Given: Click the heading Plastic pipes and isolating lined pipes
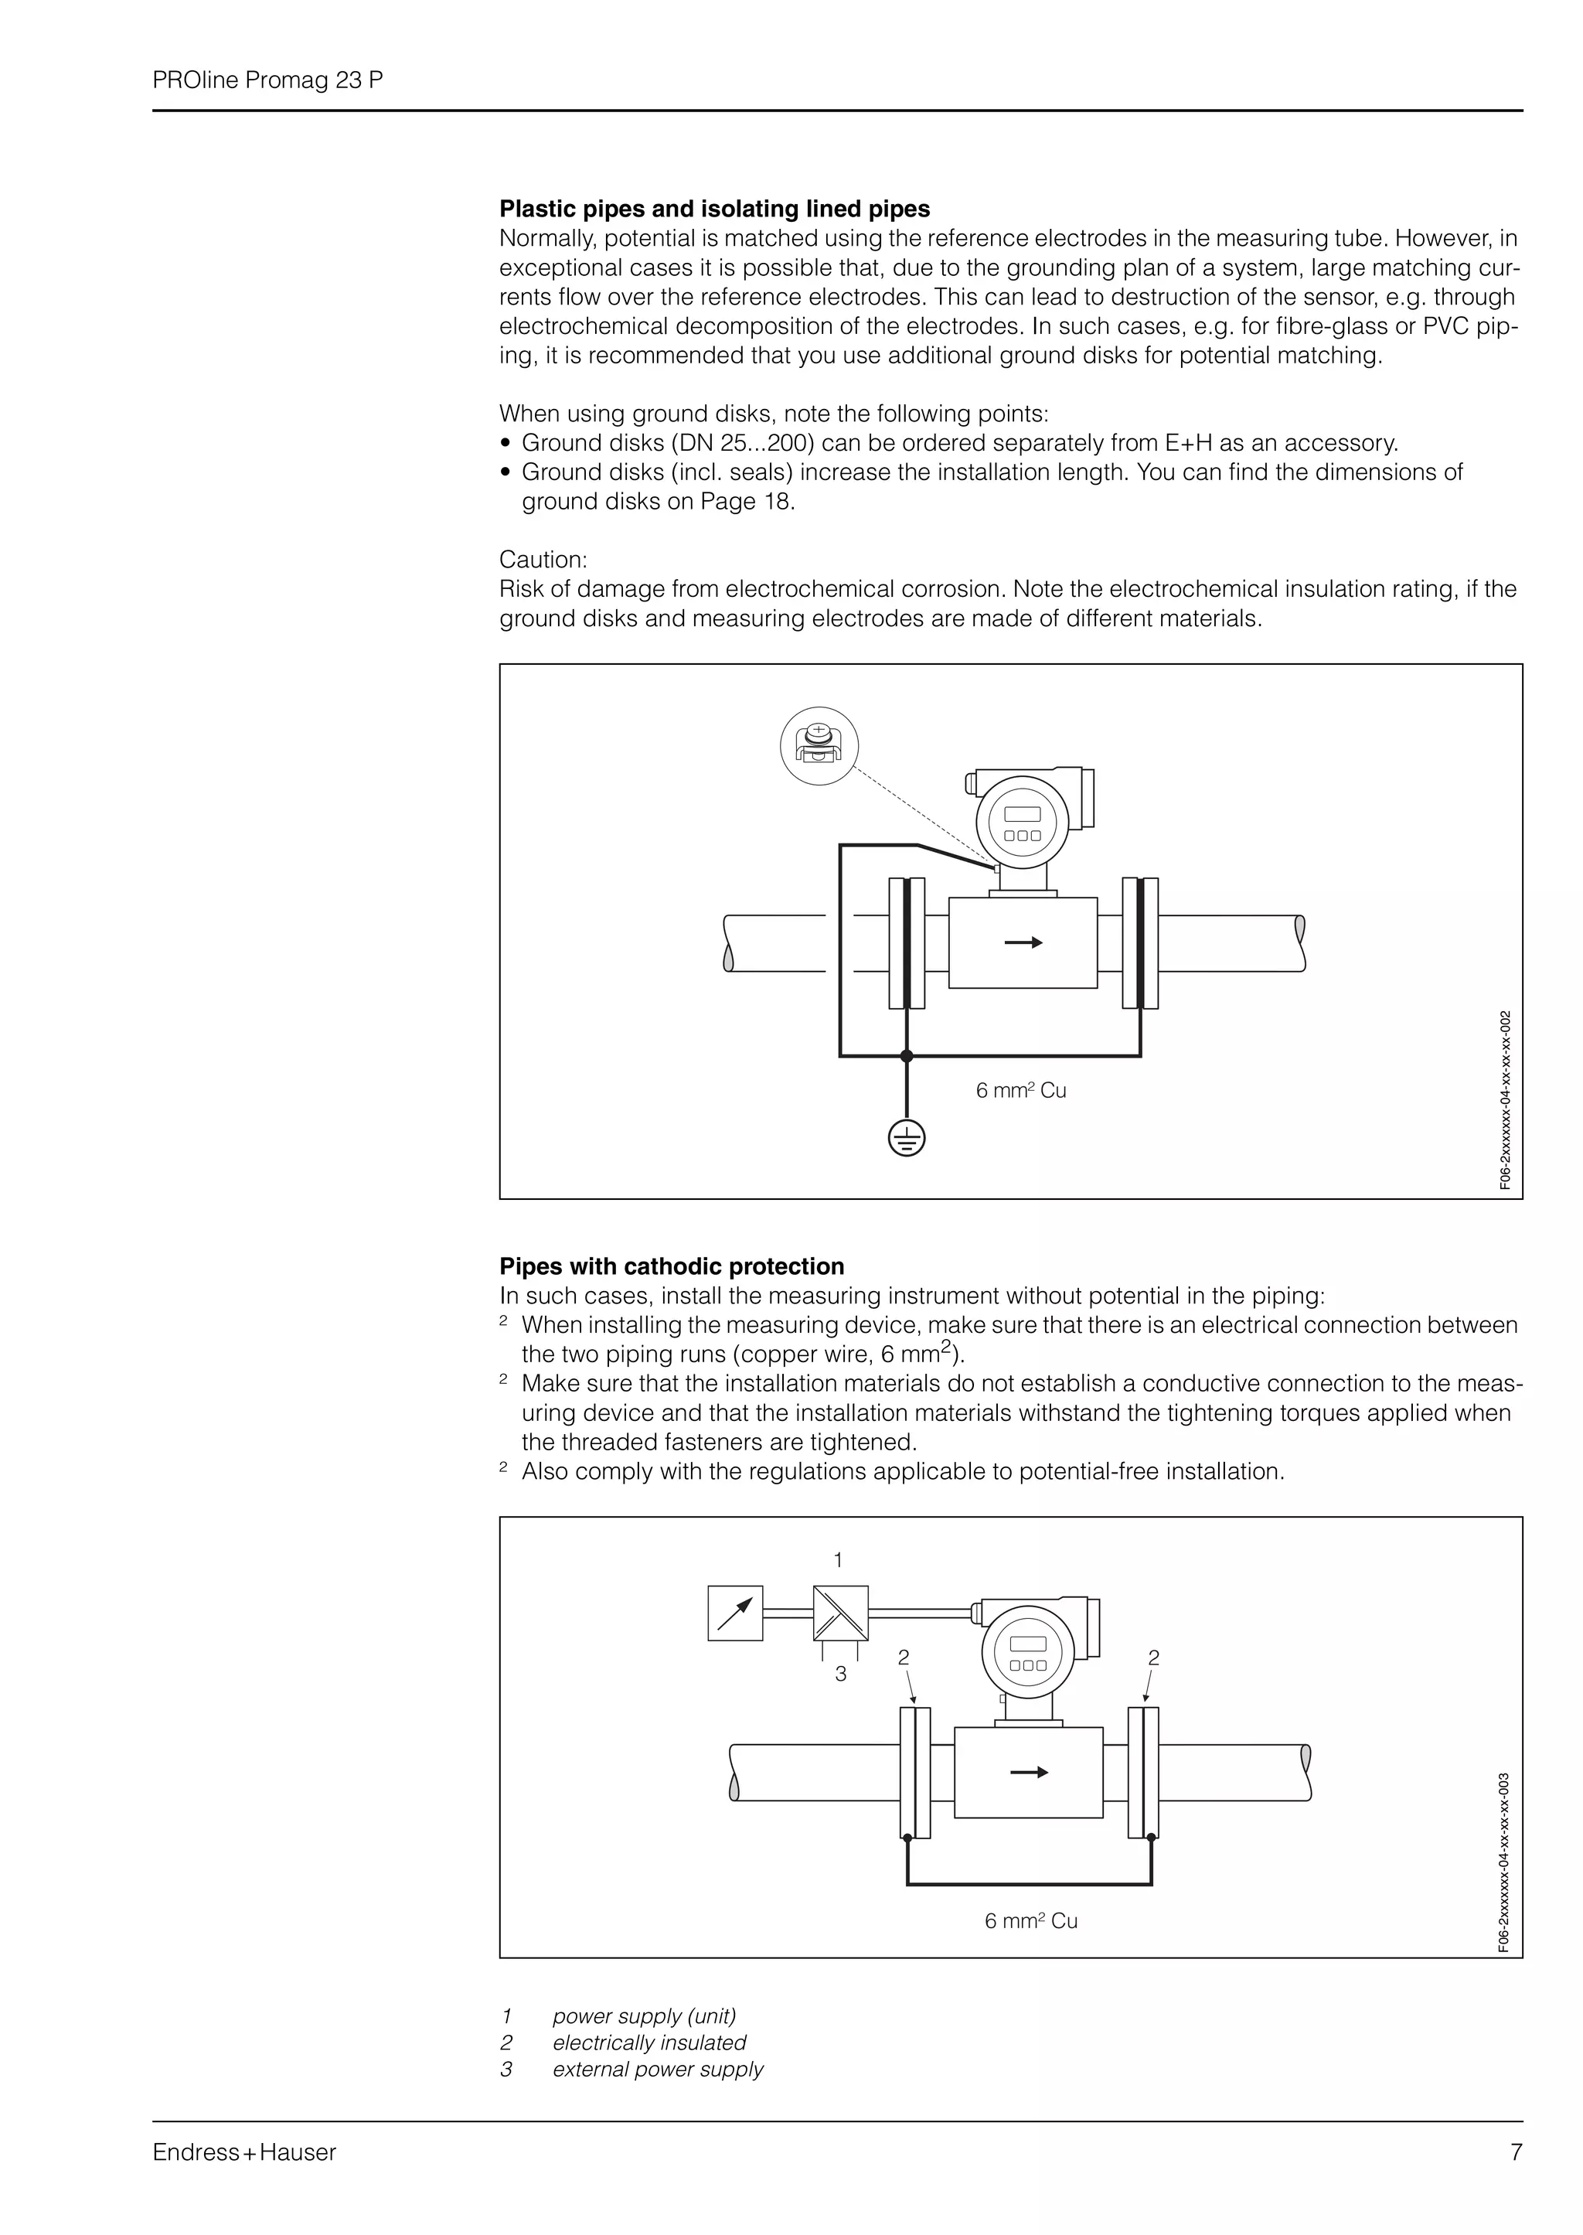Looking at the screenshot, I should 714,209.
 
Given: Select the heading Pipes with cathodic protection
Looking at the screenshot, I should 672,1266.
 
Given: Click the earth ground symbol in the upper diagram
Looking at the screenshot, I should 907,1139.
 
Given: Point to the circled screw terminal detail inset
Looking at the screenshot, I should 819,747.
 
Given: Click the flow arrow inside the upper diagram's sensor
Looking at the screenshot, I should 1023,942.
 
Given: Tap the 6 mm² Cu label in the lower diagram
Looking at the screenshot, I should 1030,1921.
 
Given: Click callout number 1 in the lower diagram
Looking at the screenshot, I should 839,1559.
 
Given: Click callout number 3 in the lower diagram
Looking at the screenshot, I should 840,1675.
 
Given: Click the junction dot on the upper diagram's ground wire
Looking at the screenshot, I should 907,1055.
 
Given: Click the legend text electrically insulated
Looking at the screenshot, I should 649,2042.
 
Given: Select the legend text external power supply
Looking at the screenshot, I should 658,2070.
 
